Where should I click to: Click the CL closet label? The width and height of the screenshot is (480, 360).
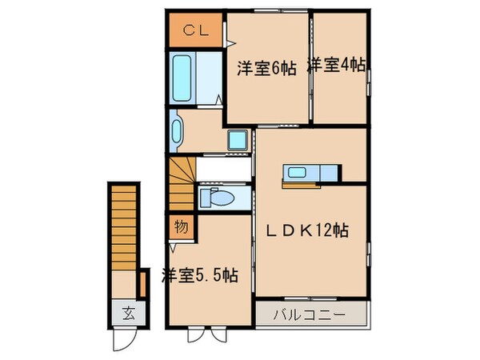194,31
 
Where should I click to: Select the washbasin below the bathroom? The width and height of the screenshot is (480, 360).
176,130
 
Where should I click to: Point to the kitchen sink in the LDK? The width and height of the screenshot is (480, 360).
297,172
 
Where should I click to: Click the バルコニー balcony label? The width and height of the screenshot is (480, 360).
313,313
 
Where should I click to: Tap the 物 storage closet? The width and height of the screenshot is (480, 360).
181,227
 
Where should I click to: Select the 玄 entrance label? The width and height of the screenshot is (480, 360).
127,312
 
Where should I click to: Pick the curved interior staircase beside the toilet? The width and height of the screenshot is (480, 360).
182,184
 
